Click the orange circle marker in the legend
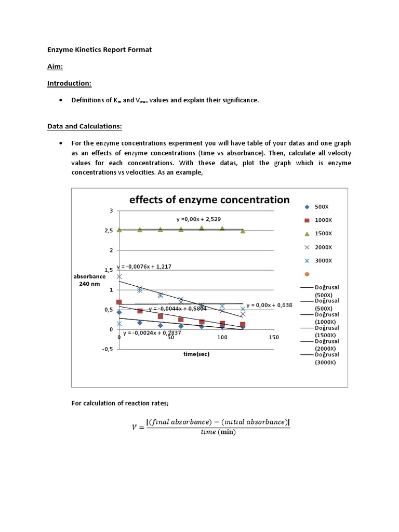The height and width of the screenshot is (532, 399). (x=307, y=274)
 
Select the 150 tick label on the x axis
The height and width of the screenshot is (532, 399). (x=273, y=337)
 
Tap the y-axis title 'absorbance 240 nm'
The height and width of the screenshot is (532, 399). (x=89, y=281)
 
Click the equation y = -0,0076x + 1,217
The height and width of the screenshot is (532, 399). (x=144, y=267)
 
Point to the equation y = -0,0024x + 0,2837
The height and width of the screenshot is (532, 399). (x=152, y=332)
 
